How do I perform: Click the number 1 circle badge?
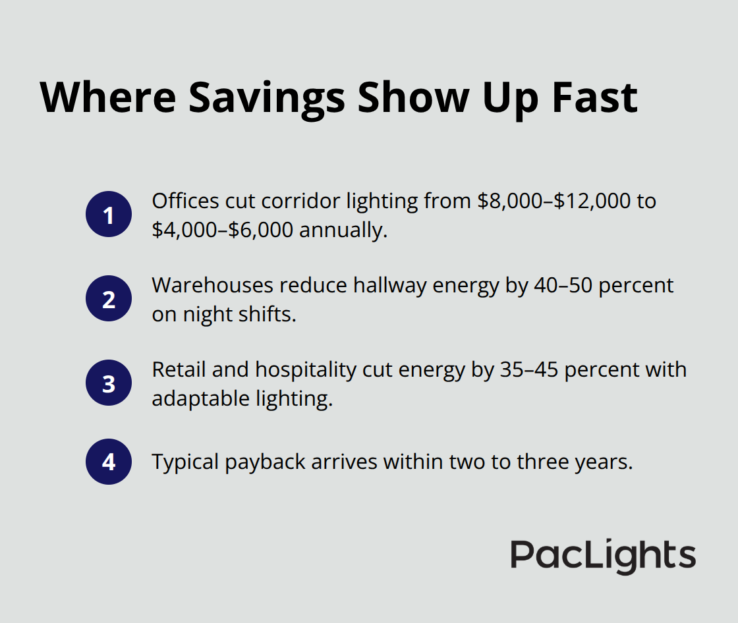109,215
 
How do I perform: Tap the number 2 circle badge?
109,298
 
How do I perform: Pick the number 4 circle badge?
109,462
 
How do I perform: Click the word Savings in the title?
266,97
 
